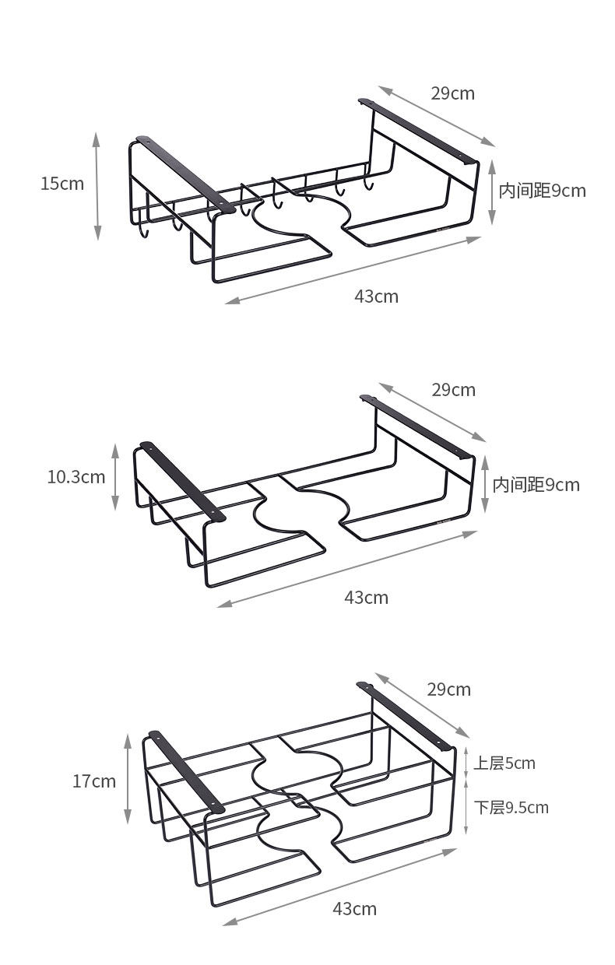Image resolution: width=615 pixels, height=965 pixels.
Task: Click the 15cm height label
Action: tap(62, 184)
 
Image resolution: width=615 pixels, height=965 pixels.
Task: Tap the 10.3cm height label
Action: tap(76, 476)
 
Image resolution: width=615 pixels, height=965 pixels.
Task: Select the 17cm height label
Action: tap(93, 781)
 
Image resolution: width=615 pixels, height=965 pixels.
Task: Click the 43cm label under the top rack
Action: tap(376, 296)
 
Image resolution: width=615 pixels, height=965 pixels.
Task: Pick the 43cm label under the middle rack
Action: tap(366, 597)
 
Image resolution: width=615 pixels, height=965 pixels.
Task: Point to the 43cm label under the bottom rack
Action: tap(354, 908)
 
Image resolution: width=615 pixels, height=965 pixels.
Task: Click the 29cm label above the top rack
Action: tap(452, 93)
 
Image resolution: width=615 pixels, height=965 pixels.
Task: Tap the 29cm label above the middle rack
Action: tap(453, 389)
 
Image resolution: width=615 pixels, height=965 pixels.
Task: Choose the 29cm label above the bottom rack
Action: tap(448, 689)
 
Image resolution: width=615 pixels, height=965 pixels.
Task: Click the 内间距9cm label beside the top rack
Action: tap(542, 191)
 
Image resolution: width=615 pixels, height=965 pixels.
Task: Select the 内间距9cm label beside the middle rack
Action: tap(536, 485)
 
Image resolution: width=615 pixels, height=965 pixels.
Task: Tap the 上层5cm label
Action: tap(504, 763)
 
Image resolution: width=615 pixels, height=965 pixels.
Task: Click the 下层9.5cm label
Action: tap(511, 807)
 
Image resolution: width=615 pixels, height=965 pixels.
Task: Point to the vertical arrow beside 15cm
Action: tap(97, 186)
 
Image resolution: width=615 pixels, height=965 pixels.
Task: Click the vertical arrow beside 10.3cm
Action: tap(115, 476)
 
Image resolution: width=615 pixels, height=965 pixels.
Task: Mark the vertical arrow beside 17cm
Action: tap(128, 778)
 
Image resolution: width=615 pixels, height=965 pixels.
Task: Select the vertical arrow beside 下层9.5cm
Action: tap(466, 808)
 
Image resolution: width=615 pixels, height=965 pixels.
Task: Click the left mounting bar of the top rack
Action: tap(185, 174)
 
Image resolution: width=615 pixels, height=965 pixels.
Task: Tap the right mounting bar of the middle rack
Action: tap(416, 426)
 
